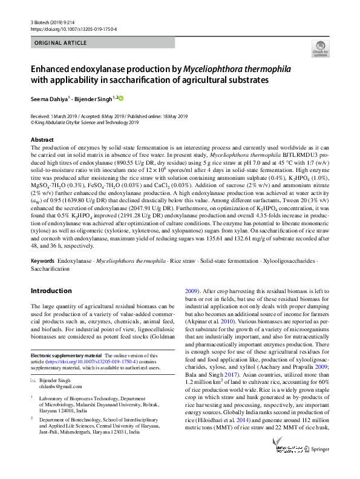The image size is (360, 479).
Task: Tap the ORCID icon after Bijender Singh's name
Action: (120, 97)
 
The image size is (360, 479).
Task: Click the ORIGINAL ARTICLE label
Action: (58, 43)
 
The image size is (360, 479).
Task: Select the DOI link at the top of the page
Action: (73, 28)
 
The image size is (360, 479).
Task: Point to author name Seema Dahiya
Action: (50, 98)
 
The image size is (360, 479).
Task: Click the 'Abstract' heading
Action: (42, 140)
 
